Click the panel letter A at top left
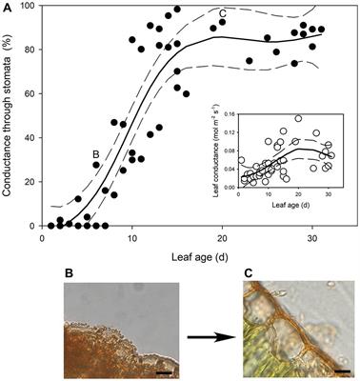(x=8, y=8)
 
